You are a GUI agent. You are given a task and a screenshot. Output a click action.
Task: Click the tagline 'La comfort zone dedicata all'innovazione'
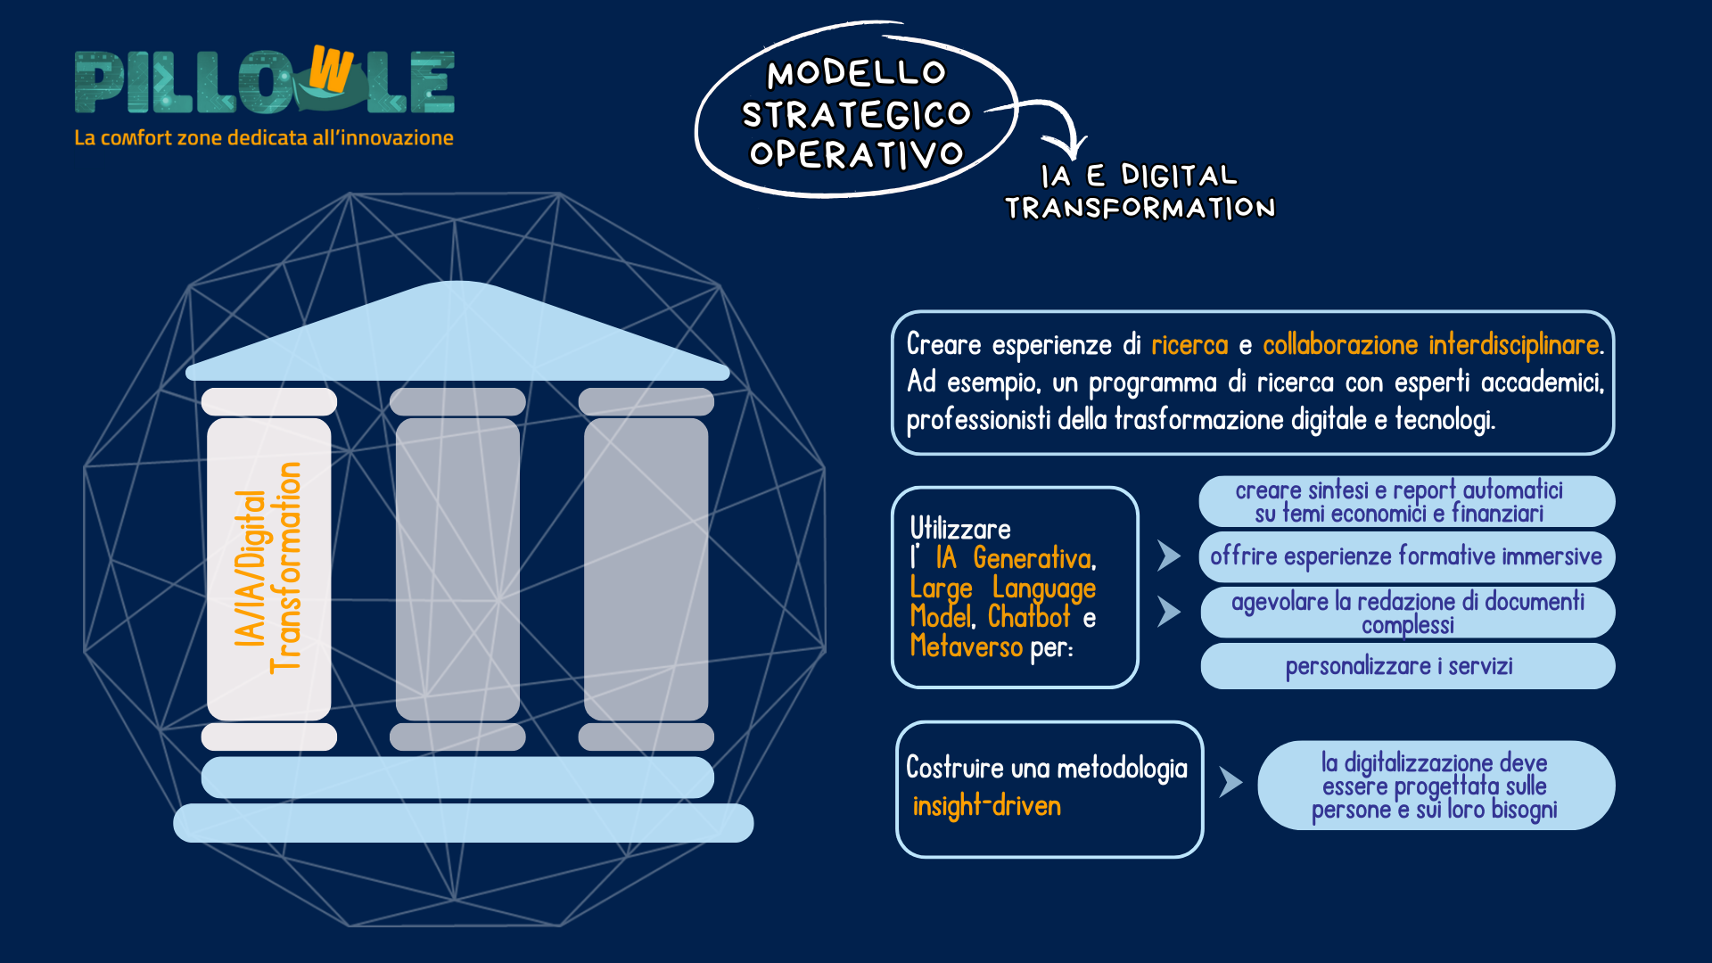tap(264, 138)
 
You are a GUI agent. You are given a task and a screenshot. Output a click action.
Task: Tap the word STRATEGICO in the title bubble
tap(856, 114)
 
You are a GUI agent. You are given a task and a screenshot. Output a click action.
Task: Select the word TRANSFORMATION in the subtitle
tap(1140, 208)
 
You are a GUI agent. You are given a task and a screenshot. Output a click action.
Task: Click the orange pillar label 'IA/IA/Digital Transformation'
tap(267, 568)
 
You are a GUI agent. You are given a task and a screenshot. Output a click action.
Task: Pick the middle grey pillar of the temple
tap(457, 568)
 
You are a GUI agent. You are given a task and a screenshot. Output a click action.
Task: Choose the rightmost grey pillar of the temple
tap(646, 568)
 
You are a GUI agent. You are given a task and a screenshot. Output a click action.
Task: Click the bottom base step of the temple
tap(463, 822)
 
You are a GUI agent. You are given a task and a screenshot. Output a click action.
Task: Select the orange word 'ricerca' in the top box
tap(1189, 345)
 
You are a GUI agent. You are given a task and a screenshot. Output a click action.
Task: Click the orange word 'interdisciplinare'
tap(1515, 345)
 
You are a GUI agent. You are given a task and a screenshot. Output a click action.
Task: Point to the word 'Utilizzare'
tap(960, 529)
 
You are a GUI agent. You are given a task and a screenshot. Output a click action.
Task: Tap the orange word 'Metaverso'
tap(966, 646)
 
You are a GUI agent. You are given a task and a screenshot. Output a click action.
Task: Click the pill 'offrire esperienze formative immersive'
tap(1406, 556)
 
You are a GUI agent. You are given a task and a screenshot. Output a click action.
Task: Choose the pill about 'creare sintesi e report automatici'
tap(1406, 501)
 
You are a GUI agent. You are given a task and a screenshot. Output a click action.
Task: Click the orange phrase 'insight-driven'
tap(986, 806)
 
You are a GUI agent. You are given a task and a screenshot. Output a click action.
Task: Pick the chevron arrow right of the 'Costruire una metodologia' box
tap(1230, 782)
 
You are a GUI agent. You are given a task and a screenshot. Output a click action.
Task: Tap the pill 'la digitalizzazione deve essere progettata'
tap(1435, 786)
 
